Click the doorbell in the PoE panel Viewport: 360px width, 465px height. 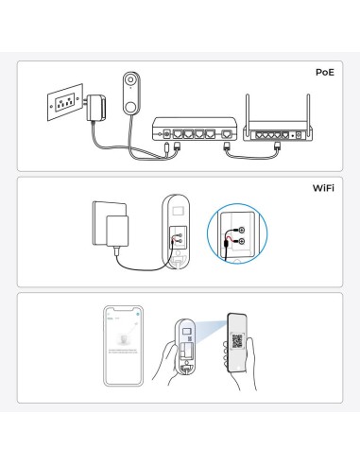tap(130, 95)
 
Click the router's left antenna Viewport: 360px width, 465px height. tap(247, 110)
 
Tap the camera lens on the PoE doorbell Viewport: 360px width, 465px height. tap(130, 82)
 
